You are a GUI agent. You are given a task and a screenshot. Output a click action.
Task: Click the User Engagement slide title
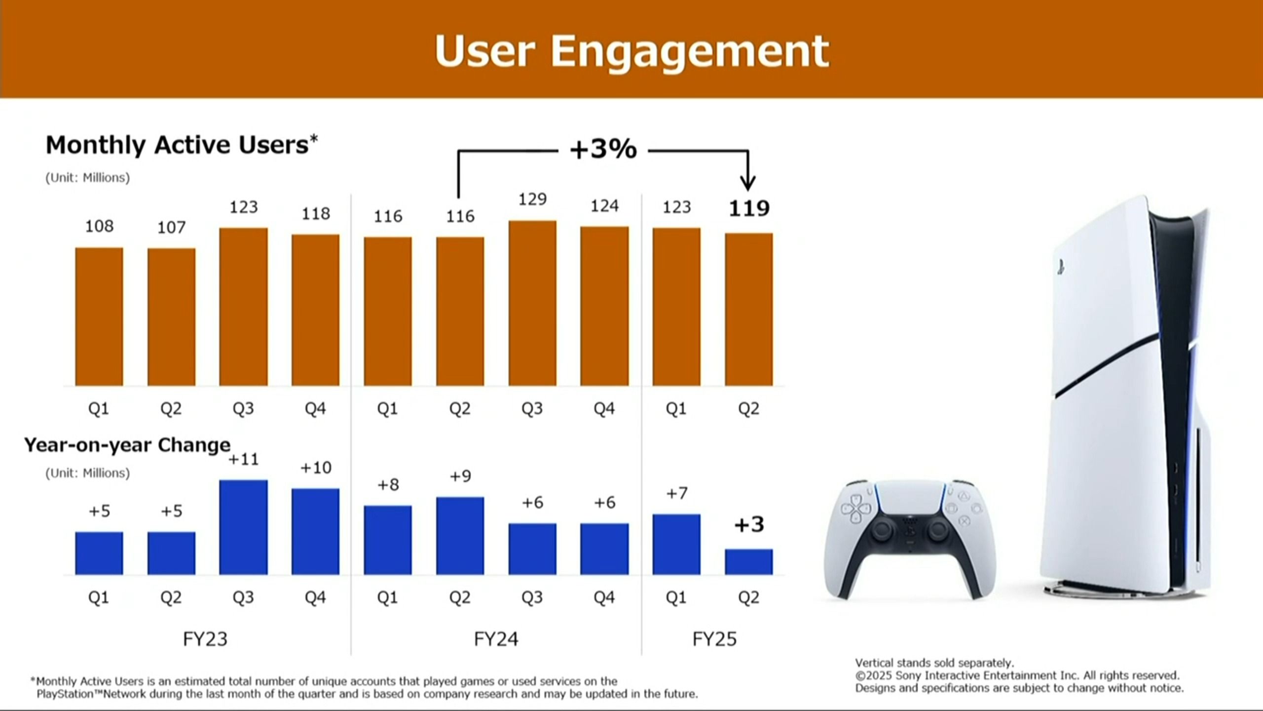631,51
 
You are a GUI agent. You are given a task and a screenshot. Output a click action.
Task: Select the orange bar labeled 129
532,303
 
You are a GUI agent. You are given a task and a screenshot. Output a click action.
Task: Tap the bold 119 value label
749,209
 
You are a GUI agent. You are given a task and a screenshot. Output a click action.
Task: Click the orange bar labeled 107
171,317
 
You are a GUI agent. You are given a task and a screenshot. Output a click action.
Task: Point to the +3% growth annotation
603,149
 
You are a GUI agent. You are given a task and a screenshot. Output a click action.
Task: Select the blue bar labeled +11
243,527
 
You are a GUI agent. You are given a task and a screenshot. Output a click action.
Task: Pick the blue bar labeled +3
748,561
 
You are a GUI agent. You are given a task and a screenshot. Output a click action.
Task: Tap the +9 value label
460,476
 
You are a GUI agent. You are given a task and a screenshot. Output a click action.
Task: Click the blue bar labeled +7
676,544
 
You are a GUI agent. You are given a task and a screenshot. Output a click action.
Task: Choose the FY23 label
205,639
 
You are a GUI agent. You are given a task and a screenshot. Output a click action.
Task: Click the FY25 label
714,639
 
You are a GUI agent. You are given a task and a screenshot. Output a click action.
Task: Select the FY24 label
496,639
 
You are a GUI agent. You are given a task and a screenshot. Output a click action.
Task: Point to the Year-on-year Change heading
127,445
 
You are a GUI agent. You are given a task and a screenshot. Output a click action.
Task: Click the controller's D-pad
856,510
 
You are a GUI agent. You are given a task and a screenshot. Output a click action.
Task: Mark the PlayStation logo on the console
1061,267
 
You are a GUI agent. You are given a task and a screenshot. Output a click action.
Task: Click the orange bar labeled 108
99,316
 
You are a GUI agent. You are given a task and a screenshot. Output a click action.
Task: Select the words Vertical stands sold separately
934,663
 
